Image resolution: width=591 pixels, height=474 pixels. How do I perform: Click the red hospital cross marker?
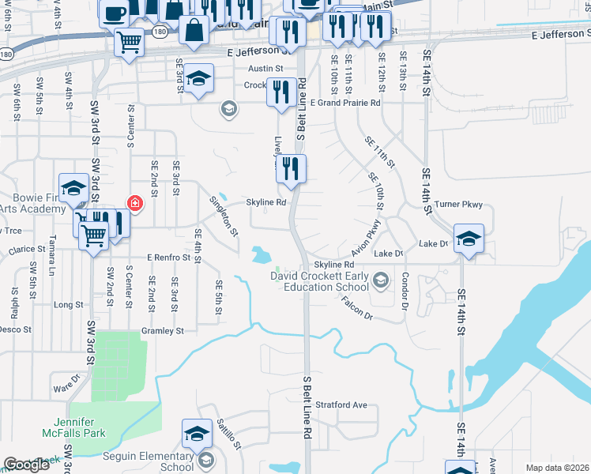135,204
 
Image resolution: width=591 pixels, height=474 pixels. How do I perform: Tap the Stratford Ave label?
341,405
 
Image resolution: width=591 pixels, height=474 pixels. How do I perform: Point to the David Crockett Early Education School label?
319,282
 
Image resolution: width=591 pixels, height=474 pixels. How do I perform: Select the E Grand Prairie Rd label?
345,103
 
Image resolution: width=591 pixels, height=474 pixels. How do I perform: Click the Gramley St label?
162,331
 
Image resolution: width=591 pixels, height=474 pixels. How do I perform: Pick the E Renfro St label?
168,258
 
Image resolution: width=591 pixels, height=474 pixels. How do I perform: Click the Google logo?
26,465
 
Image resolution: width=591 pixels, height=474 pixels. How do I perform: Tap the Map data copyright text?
558,467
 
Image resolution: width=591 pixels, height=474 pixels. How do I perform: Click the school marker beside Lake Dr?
469,239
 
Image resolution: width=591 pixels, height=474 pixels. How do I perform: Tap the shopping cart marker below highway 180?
129,42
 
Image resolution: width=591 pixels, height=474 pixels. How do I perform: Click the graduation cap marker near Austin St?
199,78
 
